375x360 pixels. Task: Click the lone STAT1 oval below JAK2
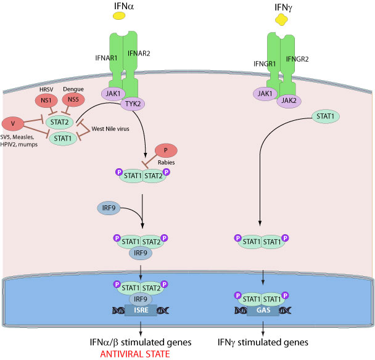327,116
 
